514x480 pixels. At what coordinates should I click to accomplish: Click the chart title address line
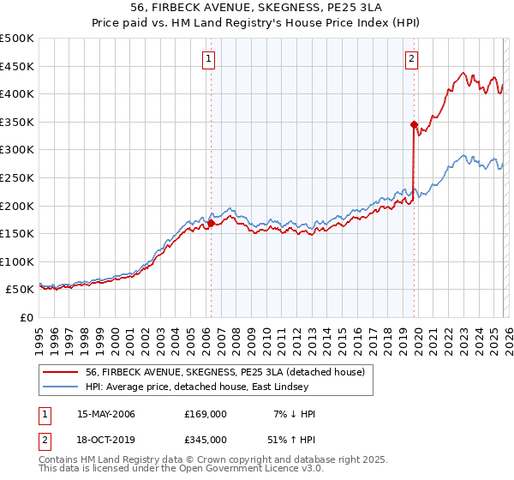tap(257, 8)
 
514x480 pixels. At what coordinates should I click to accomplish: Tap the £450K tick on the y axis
tap(17, 66)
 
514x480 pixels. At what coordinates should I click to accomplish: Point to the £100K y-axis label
tap(17, 261)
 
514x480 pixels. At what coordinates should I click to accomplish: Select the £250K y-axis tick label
tap(17, 177)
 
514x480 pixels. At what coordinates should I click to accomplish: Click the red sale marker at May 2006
tap(211, 224)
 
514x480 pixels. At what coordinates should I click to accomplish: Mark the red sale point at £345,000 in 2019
tap(414, 124)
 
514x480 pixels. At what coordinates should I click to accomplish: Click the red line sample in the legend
tap(60, 372)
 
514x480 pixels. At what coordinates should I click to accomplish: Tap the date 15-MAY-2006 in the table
tap(106, 414)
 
